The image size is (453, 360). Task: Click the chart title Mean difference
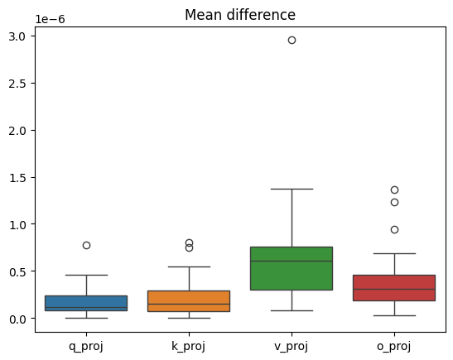coord(240,15)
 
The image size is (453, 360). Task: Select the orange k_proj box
coord(189,300)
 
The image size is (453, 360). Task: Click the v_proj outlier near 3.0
coord(292,40)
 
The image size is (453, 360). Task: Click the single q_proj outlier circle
coord(86,245)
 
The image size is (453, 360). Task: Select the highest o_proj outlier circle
coord(394,190)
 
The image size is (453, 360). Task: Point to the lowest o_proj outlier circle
coord(394,229)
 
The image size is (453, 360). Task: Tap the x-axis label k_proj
coord(189,344)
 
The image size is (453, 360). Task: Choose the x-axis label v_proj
coord(292,344)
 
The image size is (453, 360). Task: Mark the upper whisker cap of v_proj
coord(292,189)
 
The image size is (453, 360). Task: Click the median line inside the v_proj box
coord(292,261)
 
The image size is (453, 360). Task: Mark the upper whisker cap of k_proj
coord(189,266)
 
